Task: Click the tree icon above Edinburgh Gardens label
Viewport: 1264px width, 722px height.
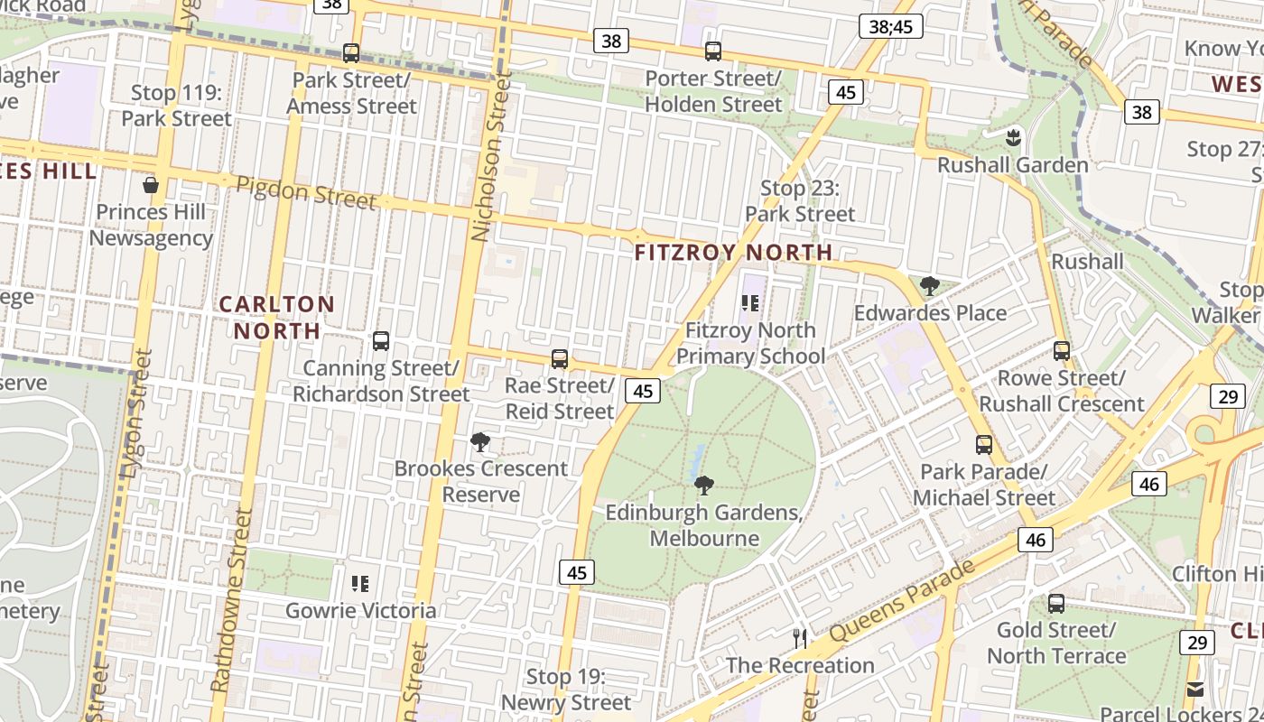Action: tap(704, 486)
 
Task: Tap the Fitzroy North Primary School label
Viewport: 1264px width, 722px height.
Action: tap(750, 343)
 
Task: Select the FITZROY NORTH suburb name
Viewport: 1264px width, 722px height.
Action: tap(733, 253)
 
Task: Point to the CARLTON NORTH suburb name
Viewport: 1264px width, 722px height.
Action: tap(276, 318)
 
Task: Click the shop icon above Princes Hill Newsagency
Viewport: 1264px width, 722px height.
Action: tap(151, 185)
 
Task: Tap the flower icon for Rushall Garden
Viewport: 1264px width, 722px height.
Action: tap(1012, 137)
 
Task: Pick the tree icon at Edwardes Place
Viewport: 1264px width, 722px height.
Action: tap(929, 286)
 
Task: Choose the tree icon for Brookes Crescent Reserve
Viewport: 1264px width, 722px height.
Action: tap(480, 441)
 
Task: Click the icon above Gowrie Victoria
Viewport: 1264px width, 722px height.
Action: tap(360, 584)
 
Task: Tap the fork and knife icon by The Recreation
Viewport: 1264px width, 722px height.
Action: tap(799, 639)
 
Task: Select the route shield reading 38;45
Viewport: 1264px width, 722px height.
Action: tap(890, 27)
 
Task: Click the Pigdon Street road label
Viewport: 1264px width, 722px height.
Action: tap(305, 191)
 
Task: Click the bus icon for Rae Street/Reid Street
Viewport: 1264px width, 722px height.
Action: tap(560, 359)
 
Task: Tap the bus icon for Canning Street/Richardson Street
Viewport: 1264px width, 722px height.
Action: tap(381, 341)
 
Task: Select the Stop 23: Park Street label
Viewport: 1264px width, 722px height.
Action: tap(800, 201)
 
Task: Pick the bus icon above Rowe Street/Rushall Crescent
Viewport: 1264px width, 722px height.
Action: tap(1062, 351)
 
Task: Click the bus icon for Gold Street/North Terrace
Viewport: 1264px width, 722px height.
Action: tap(1056, 603)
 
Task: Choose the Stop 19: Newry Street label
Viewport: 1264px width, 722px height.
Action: tap(566, 690)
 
